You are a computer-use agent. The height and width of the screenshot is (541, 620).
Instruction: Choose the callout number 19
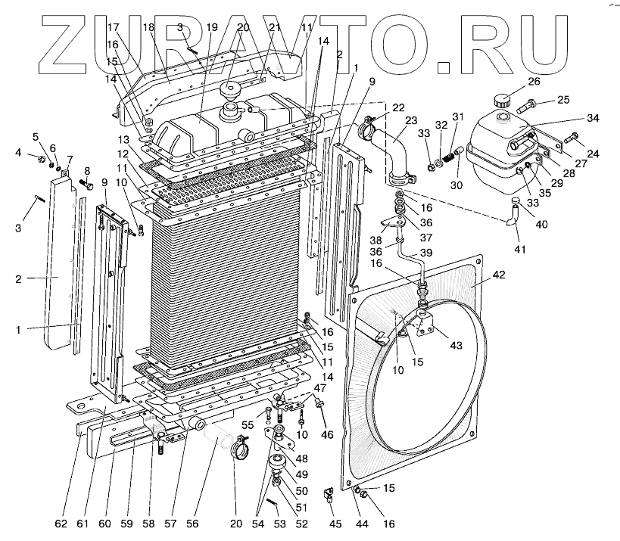(x=211, y=26)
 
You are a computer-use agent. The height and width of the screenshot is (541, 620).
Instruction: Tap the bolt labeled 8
(x=87, y=183)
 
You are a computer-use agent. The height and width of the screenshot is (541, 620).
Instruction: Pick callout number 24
(x=593, y=154)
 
